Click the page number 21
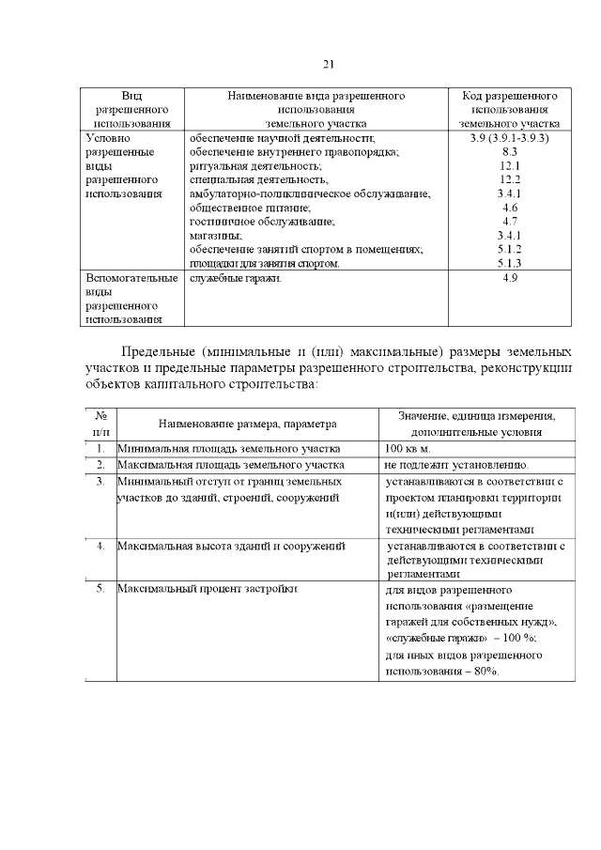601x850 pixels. coord(328,64)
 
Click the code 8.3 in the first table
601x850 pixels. coord(510,151)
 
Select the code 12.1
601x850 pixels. coord(510,165)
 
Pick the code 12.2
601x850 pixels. coord(510,179)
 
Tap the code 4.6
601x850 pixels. coord(510,208)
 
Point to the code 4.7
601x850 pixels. coord(510,222)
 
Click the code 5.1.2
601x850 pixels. coord(510,250)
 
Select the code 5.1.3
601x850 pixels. coord(510,264)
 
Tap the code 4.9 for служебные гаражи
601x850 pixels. coord(510,279)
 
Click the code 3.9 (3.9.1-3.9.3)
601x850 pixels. coord(510,137)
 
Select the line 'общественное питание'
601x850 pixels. coord(250,208)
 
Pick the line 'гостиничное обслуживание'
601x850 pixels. coord(261,222)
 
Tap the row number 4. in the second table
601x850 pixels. coord(100,545)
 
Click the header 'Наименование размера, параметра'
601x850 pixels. coord(247,425)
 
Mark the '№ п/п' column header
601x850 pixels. coord(100,424)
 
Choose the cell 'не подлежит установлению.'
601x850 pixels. coord(456,465)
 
